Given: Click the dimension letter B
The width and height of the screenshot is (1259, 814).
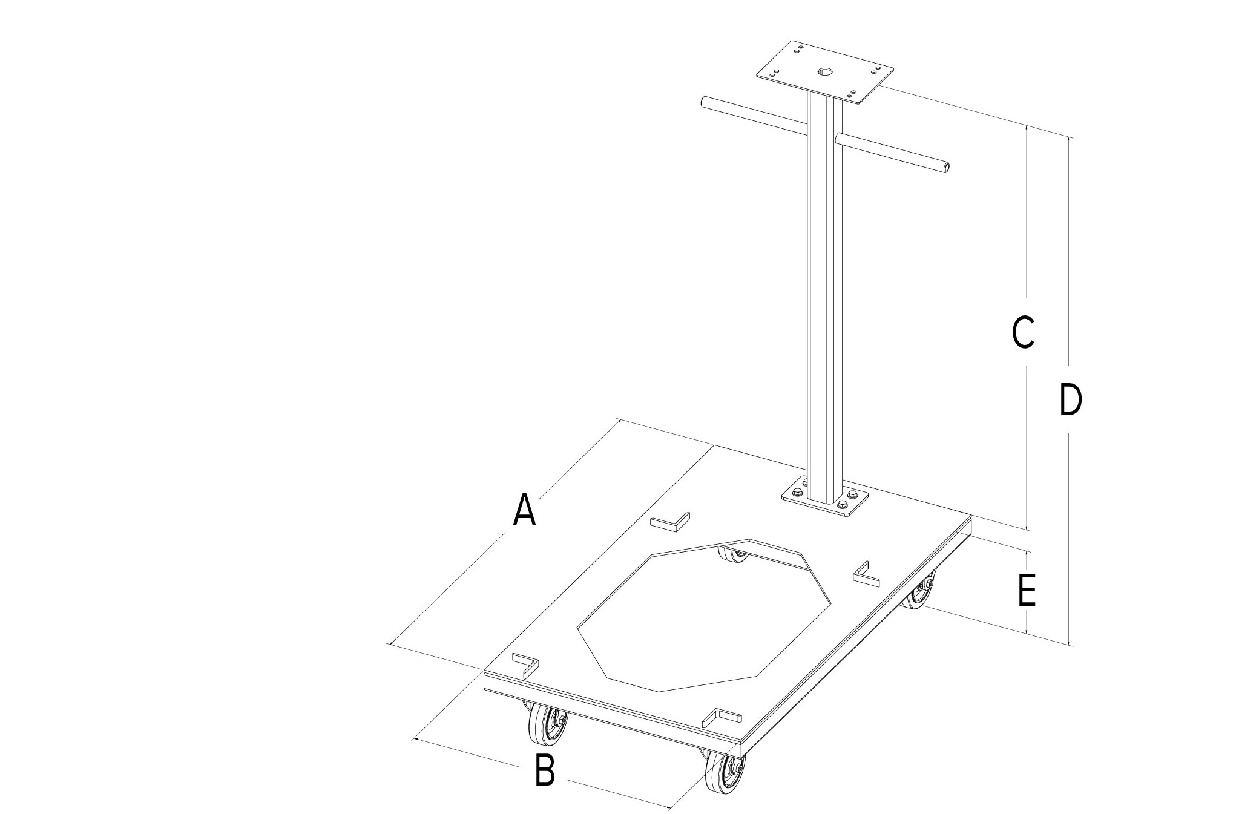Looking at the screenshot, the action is (545, 769).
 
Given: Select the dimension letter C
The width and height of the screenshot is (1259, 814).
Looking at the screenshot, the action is (1023, 332).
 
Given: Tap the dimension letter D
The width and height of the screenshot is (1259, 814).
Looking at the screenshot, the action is (1070, 399).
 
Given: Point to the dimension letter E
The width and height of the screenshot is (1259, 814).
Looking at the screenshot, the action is (1027, 590).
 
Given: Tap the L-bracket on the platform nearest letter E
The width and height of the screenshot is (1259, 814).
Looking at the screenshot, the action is (867, 574).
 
